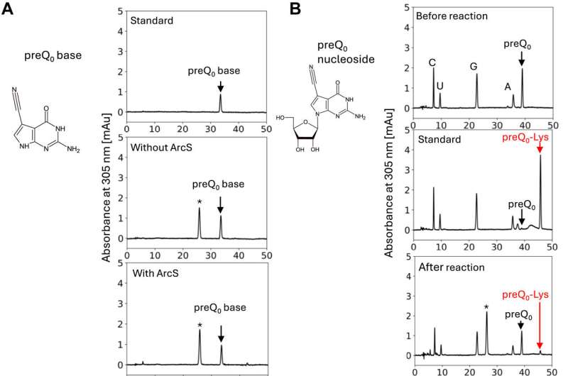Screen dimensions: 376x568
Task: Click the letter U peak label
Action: [440, 86]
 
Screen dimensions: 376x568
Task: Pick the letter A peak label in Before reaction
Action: [508, 87]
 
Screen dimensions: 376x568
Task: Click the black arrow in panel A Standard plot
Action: [220, 85]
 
